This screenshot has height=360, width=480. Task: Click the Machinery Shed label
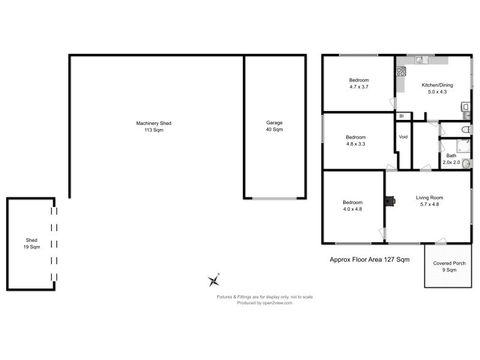coord(154,127)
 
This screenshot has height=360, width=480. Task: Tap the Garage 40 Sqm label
coord(274,126)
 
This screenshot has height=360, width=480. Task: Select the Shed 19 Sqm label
coord(32,244)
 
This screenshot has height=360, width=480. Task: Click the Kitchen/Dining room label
coord(437,88)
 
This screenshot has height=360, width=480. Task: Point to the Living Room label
coord(430,201)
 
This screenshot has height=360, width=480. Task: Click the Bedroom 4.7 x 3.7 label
coord(359,83)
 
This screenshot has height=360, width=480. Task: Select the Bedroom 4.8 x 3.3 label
coord(355,140)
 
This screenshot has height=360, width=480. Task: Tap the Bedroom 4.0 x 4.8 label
coord(352,206)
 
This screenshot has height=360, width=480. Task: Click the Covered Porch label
coord(449,266)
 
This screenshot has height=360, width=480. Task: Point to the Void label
coord(403,137)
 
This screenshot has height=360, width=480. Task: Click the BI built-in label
coord(401,116)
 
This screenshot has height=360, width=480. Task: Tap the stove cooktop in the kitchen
coord(401,71)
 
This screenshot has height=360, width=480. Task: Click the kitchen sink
coord(421,59)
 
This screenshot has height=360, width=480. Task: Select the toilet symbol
coord(466,130)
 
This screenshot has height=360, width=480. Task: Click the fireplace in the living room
coord(390,201)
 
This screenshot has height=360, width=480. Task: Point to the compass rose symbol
coord(214,280)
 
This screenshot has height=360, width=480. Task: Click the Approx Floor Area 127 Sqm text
coord(370,260)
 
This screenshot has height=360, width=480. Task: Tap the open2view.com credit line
coord(265,303)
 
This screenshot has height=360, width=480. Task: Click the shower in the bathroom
coord(463,146)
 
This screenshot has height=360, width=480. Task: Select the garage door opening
coord(274,199)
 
